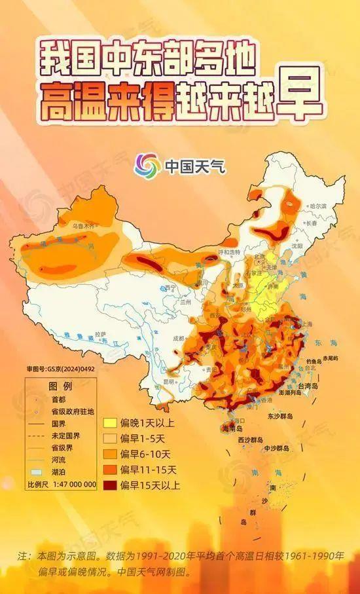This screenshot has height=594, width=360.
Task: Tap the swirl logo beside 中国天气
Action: [x=147, y=164]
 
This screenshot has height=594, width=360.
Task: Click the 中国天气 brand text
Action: [x=194, y=165]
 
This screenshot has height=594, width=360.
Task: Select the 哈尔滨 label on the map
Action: [x=318, y=206]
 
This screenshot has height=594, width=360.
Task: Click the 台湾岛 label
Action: [x=304, y=388]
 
